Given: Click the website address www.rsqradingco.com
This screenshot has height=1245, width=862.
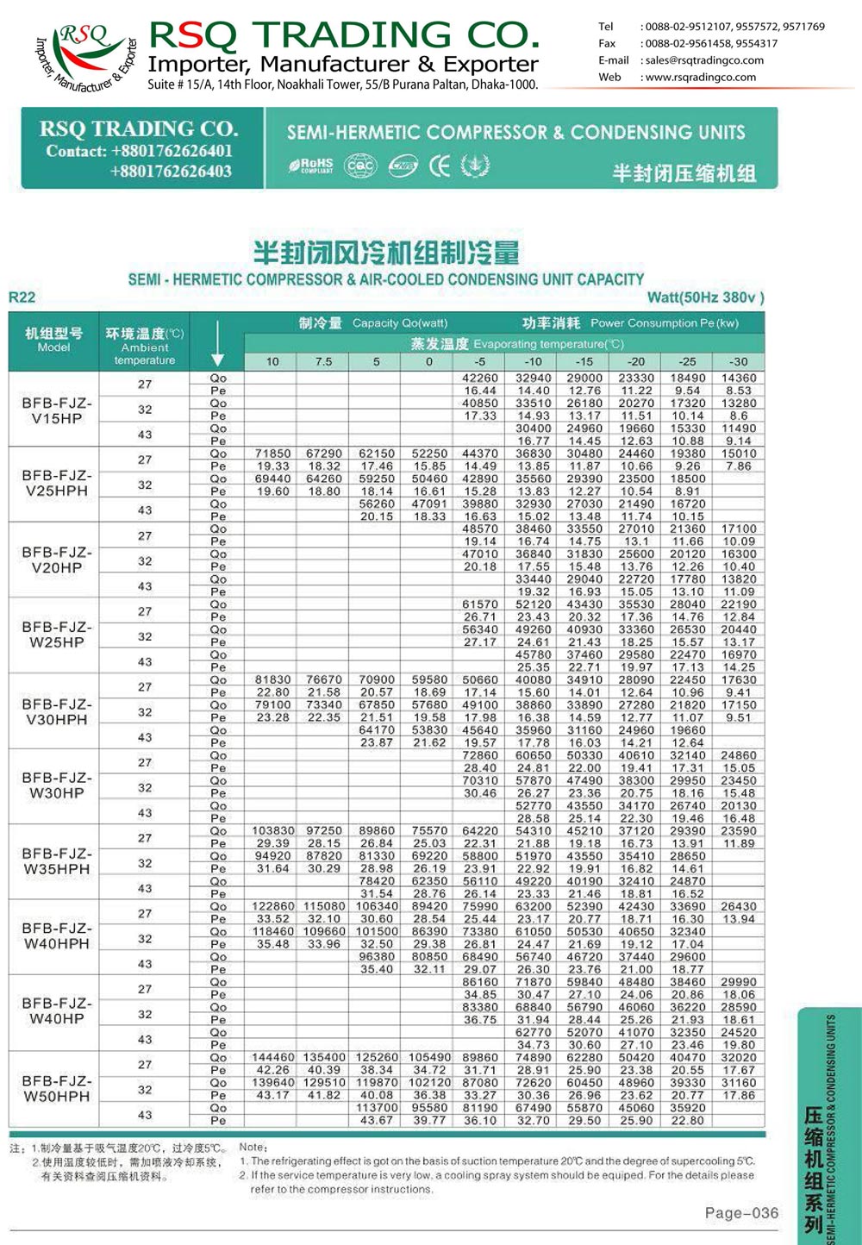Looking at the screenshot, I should coord(700,77).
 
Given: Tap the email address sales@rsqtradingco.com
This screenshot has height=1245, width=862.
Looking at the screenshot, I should coord(704,60).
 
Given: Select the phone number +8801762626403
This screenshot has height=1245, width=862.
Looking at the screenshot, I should coord(171,171).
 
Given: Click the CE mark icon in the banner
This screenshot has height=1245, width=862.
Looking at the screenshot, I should coord(440,166).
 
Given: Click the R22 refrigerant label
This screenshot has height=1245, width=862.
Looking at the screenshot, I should coord(22,297).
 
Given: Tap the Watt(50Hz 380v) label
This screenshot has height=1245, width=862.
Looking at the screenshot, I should coord(705,297).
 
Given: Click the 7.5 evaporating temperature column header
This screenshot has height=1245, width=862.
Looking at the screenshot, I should coord(323,361).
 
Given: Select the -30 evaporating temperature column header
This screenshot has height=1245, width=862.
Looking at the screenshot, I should coord(739,361).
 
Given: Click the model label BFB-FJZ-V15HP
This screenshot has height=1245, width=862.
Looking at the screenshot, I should coord(57,410).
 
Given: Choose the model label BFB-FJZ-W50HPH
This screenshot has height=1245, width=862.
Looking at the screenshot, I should coord(57,1088).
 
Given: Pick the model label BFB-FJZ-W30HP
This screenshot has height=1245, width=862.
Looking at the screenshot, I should coord(57,785).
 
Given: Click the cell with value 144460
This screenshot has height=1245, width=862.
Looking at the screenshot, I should coord(272,1057).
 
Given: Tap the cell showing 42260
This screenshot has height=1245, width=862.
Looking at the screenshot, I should coord(480,378).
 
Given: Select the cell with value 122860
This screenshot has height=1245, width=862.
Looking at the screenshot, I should coord(272,906).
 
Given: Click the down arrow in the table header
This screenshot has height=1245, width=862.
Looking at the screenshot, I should coord(217,343).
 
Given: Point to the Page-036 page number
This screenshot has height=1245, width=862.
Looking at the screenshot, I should coord(741,1213).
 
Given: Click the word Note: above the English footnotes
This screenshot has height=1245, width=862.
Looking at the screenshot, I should coord(253,1147).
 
